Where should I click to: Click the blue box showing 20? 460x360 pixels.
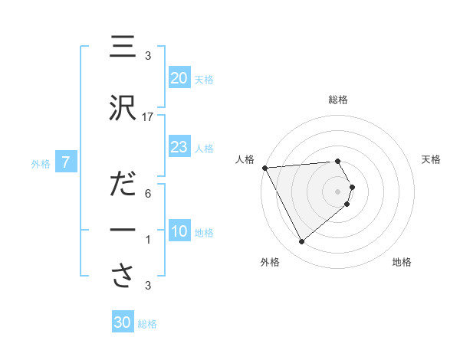pos(179,78)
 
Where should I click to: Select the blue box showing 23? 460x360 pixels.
pos(179,147)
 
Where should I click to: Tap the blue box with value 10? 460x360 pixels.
pos(179,231)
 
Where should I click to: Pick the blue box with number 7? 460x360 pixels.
pos(66,162)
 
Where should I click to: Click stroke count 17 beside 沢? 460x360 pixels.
pos(149,117)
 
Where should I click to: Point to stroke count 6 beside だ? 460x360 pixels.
pos(148,194)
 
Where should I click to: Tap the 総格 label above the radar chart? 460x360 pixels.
pos(338,100)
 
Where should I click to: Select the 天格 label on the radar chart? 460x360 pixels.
pos(432,159)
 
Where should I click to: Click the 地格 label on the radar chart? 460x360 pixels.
pos(402,262)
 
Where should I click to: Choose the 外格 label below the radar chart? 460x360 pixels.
pos(270,262)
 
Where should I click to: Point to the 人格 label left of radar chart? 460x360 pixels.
pos(244,159)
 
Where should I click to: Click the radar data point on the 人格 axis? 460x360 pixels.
pos(264,168)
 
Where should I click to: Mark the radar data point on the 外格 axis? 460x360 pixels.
pos(301,242)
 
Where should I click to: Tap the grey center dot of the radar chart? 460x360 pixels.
pos(337,191)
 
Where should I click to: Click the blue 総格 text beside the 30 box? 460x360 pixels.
pos(147,324)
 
